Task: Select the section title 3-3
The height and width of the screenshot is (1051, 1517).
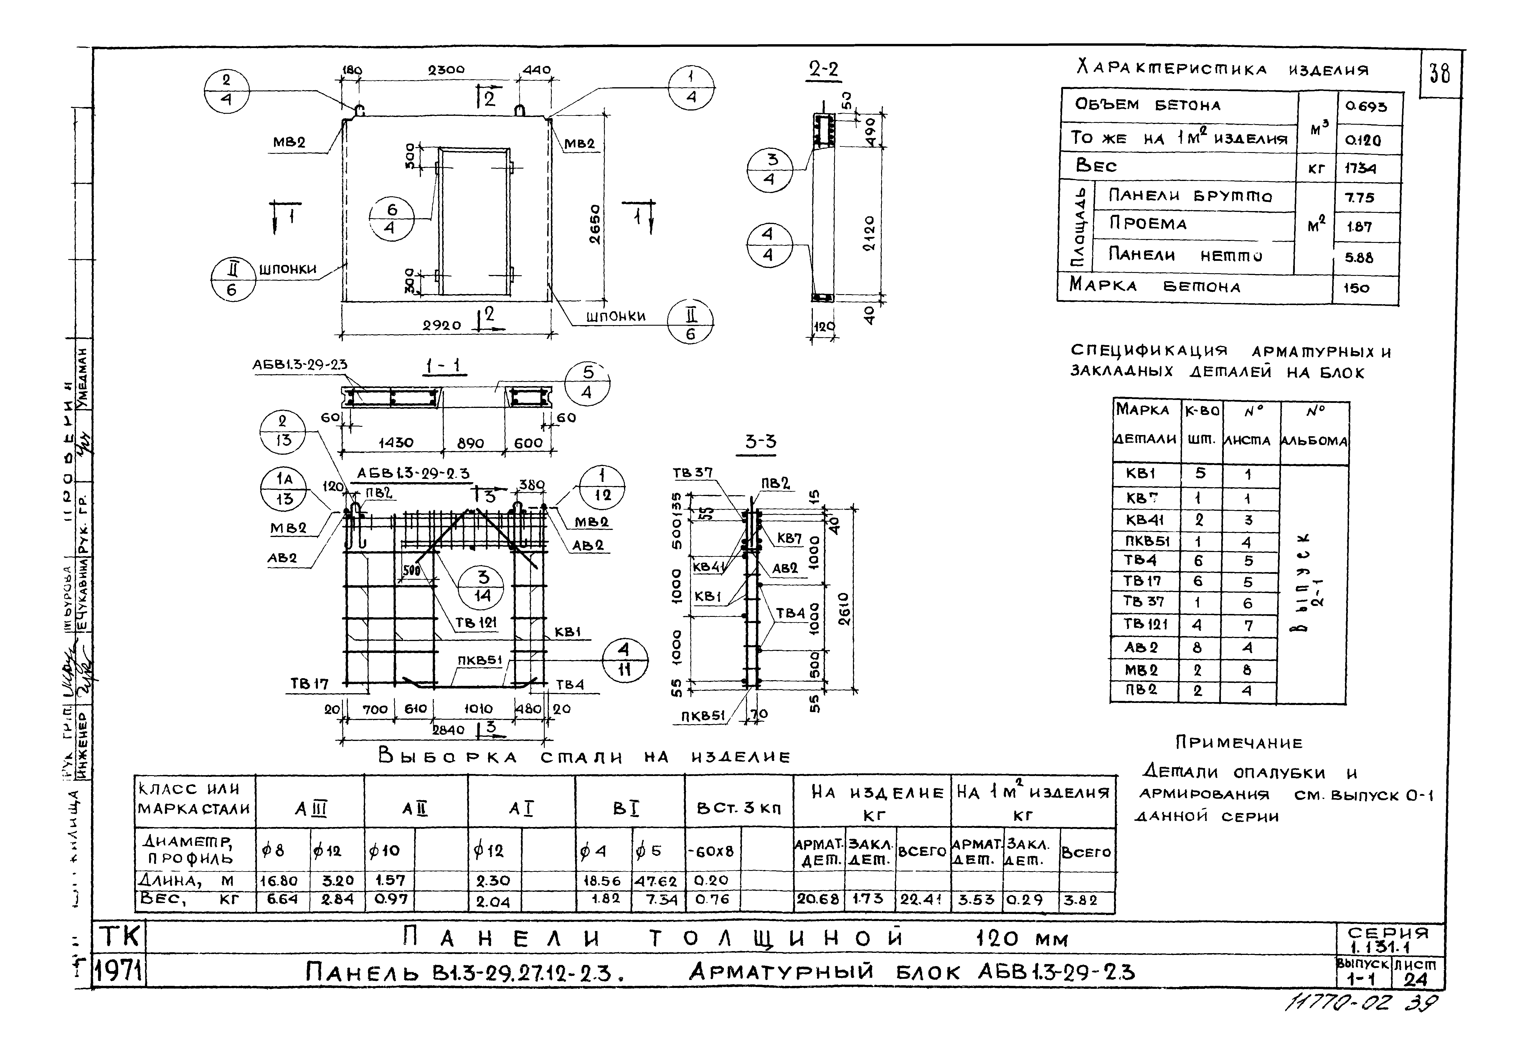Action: pos(760,442)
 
